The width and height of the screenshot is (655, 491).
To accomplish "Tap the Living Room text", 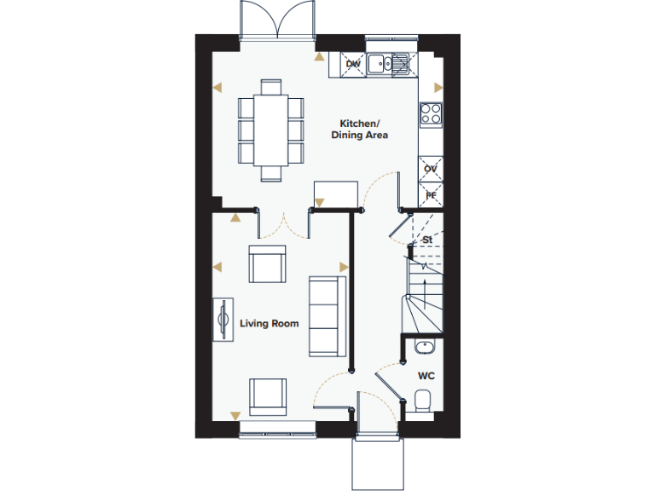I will pyautogui.click(x=269, y=323).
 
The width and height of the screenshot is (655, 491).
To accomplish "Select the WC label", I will pyautogui.click(x=426, y=375).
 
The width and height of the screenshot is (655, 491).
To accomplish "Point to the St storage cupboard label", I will pyautogui.click(x=427, y=240).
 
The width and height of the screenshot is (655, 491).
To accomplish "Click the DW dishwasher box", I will pyautogui.click(x=353, y=63).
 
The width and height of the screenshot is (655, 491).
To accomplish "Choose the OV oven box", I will pyautogui.click(x=431, y=169).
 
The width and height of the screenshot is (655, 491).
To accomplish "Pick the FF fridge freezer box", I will pyautogui.click(x=431, y=195).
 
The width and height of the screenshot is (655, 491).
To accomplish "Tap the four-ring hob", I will pyautogui.click(x=431, y=113).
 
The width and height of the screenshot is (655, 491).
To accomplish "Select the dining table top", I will pyautogui.click(x=271, y=130).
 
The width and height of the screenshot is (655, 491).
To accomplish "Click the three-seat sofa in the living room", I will pyautogui.click(x=325, y=315).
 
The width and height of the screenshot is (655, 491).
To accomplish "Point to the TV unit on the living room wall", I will pyautogui.click(x=224, y=320).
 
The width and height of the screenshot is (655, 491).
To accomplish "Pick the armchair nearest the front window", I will pyautogui.click(x=267, y=397).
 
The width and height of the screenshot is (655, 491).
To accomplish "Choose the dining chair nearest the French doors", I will pyautogui.click(x=271, y=86).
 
